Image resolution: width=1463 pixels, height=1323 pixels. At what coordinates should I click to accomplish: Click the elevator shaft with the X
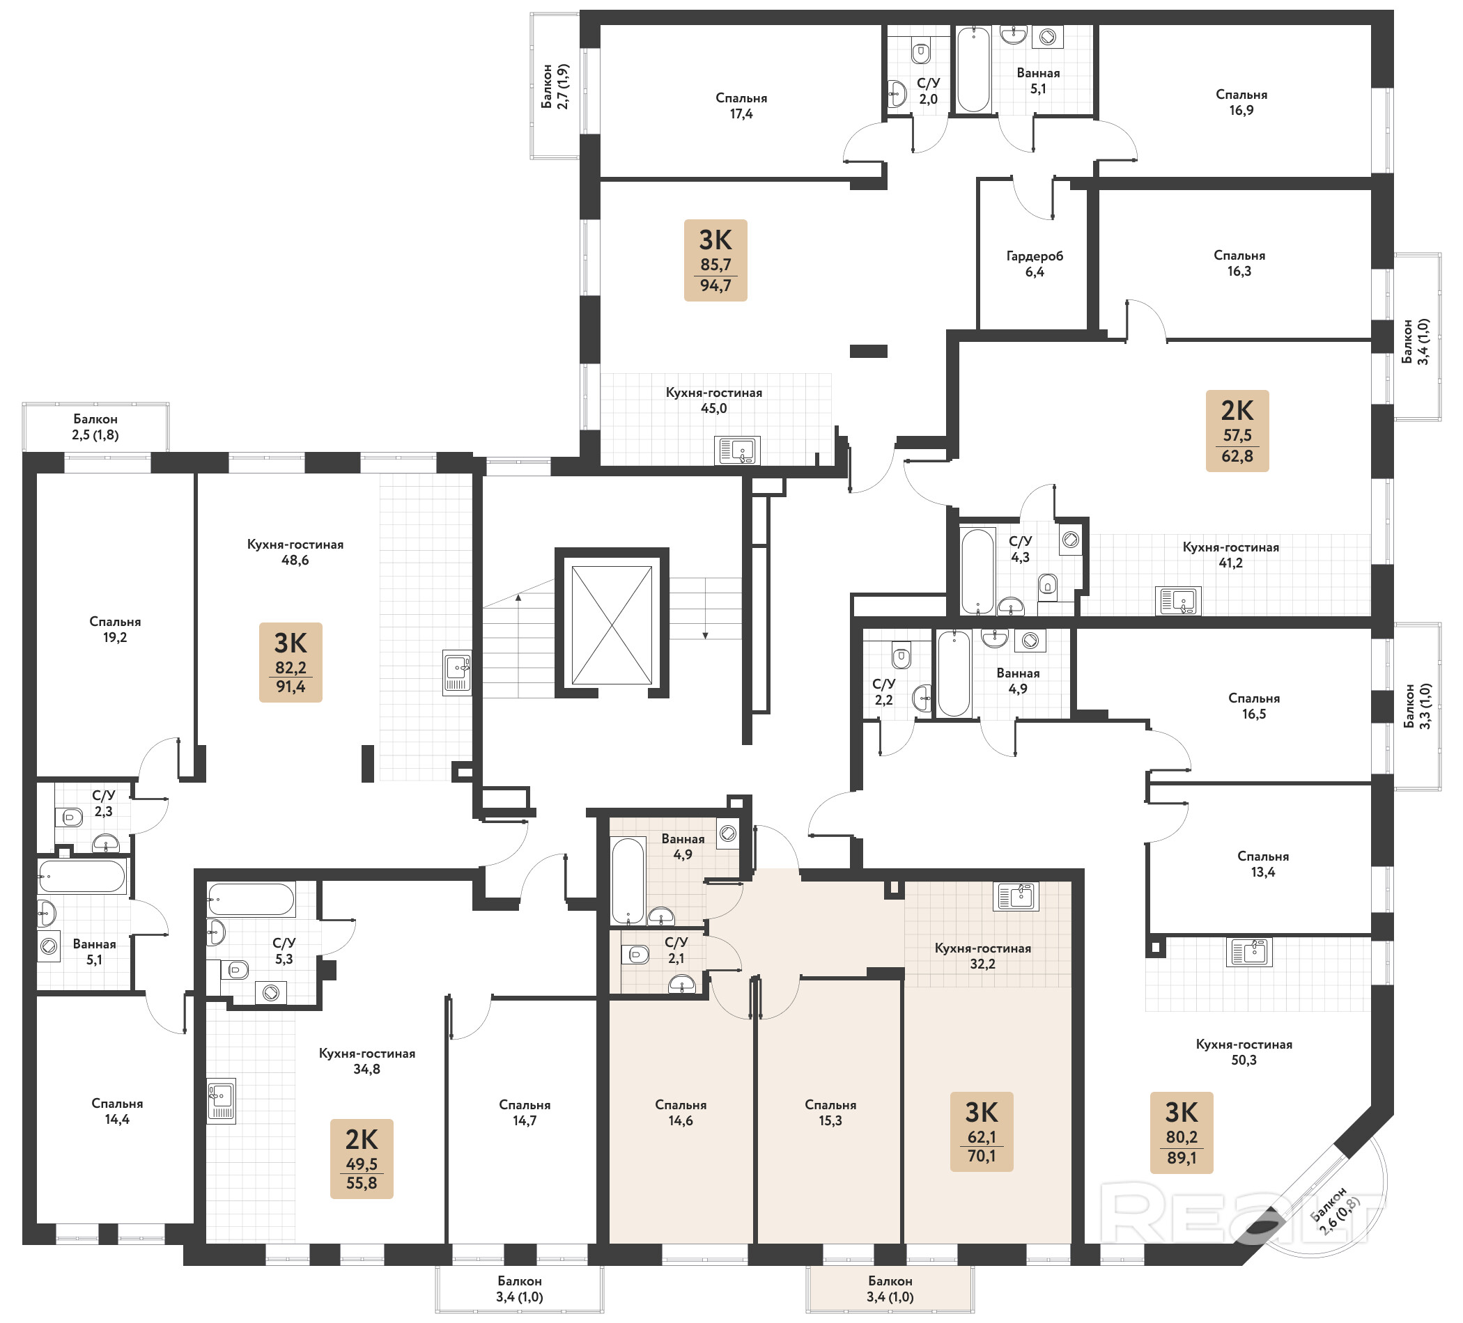pyautogui.click(x=612, y=625)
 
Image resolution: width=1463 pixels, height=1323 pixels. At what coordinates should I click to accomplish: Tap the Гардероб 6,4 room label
pyautogui.click(x=1034, y=264)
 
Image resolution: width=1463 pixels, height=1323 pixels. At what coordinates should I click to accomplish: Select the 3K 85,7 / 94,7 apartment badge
pyautogui.click(x=715, y=260)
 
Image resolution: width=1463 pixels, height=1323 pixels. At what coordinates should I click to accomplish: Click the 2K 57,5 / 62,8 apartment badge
pyautogui.click(x=1237, y=431)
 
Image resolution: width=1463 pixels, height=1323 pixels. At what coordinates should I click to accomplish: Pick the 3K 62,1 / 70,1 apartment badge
pyautogui.click(x=982, y=1132)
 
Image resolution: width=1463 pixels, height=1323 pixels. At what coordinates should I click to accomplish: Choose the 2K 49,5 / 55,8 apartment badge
pyautogui.click(x=362, y=1159)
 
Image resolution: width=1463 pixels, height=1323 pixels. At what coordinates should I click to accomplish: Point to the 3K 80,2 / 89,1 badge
pyautogui.click(x=1182, y=1133)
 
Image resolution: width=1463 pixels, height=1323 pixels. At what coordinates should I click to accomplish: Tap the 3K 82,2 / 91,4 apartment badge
pyautogui.click(x=291, y=662)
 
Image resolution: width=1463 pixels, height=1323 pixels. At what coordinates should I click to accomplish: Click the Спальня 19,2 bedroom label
pyautogui.click(x=115, y=629)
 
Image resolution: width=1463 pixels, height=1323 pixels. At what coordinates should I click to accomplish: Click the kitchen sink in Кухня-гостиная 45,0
pyautogui.click(x=737, y=451)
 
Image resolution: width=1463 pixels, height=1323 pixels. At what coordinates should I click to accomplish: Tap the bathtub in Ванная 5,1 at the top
pyautogui.click(x=973, y=70)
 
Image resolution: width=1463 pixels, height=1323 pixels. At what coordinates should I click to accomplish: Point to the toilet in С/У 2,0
pyautogui.click(x=921, y=52)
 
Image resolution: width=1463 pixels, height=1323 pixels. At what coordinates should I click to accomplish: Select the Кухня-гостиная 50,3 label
pyautogui.click(x=1244, y=1051)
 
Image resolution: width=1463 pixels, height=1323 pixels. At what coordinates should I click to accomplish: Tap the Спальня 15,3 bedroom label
pyautogui.click(x=830, y=1113)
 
